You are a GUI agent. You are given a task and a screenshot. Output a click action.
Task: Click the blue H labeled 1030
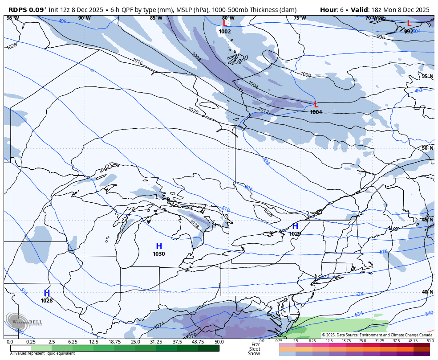pyautogui.click(x=159, y=246)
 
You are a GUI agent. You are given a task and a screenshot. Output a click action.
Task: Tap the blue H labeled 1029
pyautogui.click(x=295, y=226)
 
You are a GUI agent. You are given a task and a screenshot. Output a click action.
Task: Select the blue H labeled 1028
pyautogui.click(x=47, y=293)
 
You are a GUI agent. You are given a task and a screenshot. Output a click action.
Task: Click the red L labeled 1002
pyautogui.click(x=225, y=24)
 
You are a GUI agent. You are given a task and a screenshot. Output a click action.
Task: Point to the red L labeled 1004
pyautogui.click(x=316, y=105)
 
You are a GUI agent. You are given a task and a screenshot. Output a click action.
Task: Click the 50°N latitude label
pyautogui.click(x=427, y=148)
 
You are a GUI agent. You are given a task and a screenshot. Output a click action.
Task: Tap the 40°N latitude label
pyautogui.click(x=427, y=292)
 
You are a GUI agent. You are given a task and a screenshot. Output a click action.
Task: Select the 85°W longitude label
pyautogui.click(x=156, y=18)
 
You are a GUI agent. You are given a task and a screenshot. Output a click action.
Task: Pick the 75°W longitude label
pyautogui.click(x=300, y=18)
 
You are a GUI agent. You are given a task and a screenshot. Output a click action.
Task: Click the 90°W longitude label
pyautogui.click(x=84, y=18)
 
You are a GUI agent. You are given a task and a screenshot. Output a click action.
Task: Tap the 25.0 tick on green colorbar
pyautogui.click(x=135, y=342)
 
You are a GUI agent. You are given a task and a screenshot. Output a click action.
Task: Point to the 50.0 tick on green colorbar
pyautogui.click(x=219, y=342)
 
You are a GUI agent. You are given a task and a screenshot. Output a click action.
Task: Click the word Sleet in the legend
pyautogui.click(x=255, y=349)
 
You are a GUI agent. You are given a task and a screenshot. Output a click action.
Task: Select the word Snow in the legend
pyautogui.click(x=254, y=354)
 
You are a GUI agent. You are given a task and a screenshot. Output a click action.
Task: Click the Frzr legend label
pyautogui.click(x=255, y=344)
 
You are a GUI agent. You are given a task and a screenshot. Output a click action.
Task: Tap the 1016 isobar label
pyautogui.click(x=137, y=62)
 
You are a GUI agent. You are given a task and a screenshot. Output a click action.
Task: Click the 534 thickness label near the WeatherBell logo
pyautogui.click(x=24, y=291)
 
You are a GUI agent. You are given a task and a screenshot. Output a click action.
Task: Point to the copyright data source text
pyautogui.click(x=377, y=335)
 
